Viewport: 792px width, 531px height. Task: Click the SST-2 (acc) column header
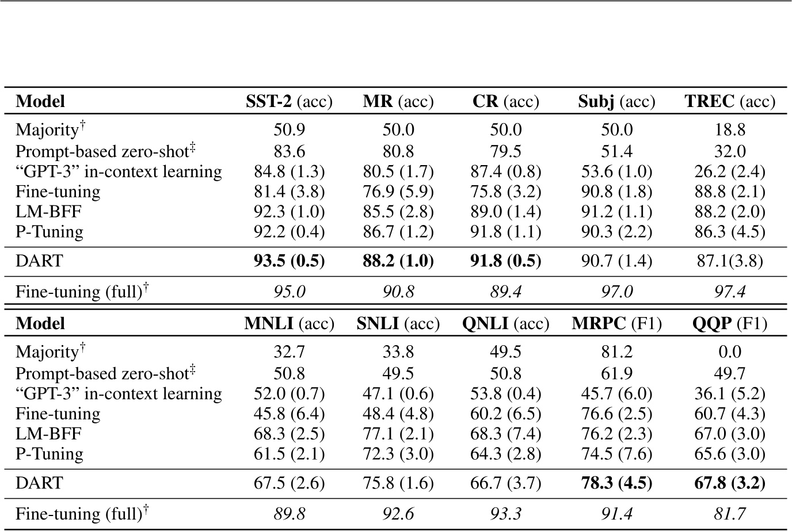pyautogui.click(x=289, y=102)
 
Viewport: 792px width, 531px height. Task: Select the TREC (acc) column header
pyautogui.click(x=730, y=102)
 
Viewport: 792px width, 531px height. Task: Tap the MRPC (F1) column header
pyautogui.click(x=616, y=324)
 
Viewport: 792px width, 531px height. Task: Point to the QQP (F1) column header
pyautogui.click(x=730, y=324)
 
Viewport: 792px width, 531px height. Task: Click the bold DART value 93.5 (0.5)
pyautogui.click(x=289, y=261)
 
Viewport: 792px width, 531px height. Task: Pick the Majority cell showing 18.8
pyautogui.click(x=730, y=129)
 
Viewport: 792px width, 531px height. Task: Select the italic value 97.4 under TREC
pyautogui.click(x=730, y=292)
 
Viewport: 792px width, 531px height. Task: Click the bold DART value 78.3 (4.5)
pyautogui.click(x=616, y=483)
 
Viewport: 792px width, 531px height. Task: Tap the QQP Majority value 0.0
pyautogui.click(x=730, y=352)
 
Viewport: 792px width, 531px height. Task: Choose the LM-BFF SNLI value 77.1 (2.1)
pyautogui.click(x=398, y=434)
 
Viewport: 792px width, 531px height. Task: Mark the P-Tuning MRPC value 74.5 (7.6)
pyautogui.click(x=616, y=454)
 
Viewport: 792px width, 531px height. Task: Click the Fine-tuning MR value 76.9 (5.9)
pyautogui.click(x=398, y=192)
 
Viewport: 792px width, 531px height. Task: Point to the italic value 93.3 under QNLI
pyautogui.click(x=505, y=514)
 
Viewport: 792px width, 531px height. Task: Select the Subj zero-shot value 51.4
pyautogui.click(x=616, y=151)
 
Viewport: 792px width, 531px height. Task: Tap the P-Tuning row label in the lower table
pyautogui.click(x=49, y=454)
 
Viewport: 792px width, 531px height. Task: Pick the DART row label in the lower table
pyautogui.click(x=39, y=483)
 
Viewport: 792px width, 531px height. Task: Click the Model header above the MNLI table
pyautogui.click(x=40, y=324)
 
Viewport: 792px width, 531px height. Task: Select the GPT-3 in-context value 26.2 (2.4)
pyautogui.click(x=730, y=171)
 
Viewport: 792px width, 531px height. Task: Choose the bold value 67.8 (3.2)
pyautogui.click(x=730, y=483)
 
